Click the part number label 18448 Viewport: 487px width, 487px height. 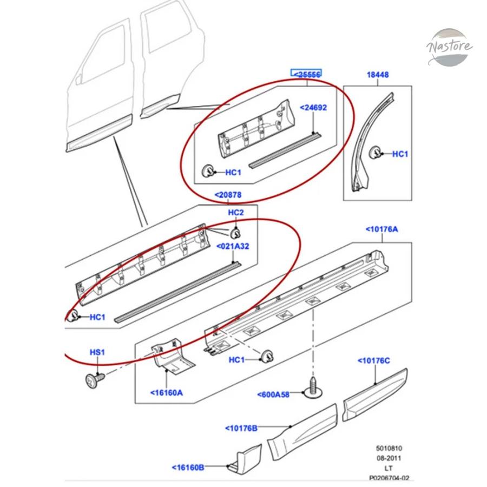click(377, 75)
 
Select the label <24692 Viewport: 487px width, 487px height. click(313, 108)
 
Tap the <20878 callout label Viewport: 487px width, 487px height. click(228, 195)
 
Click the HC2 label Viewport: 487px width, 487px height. click(236, 213)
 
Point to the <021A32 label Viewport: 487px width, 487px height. click(233, 246)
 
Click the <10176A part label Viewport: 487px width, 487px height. click(381, 229)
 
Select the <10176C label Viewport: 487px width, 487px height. click(373, 360)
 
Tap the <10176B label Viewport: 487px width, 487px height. click(241, 429)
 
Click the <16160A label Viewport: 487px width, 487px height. click(167, 393)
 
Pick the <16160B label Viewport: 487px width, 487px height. click(188, 468)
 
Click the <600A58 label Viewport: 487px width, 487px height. click(273, 395)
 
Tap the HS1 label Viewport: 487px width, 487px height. click(97, 352)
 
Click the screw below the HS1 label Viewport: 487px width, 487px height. click(95, 380)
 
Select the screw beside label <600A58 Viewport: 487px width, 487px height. click(313, 388)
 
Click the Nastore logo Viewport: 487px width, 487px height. click(450, 47)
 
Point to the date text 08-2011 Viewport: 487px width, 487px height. click(389, 458)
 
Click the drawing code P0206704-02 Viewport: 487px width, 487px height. click(389, 478)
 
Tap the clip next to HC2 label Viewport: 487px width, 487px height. click(235, 233)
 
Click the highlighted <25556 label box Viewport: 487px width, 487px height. click(306, 73)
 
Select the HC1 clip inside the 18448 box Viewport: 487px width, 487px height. click(375, 153)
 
